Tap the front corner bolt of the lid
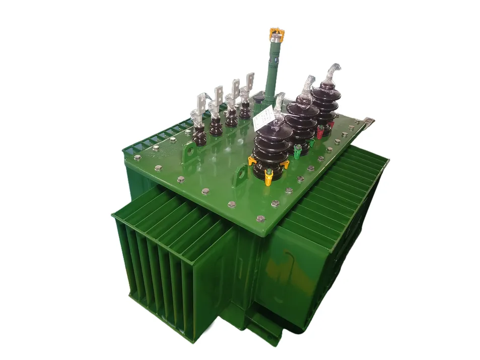click(x=261, y=219)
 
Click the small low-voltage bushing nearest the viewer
click(x=199, y=132)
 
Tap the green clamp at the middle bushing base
click(x=298, y=150)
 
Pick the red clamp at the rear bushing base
click(x=320, y=132)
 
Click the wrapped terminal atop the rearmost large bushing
click(x=332, y=73)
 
